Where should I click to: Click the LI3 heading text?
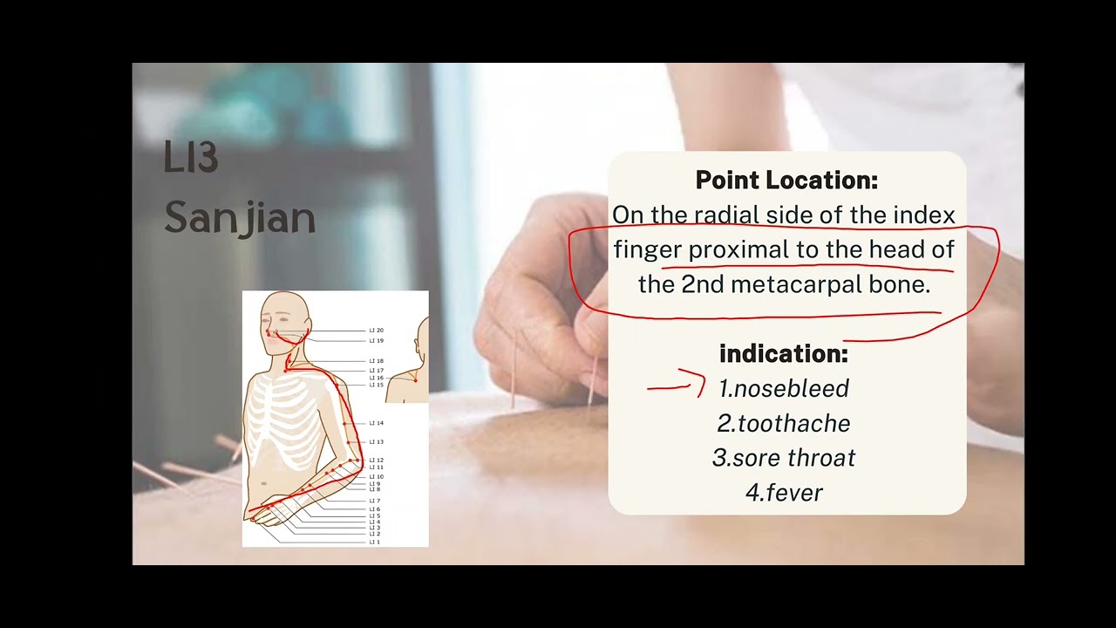pyautogui.click(x=190, y=158)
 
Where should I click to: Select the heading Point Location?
pyautogui.click(x=786, y=181)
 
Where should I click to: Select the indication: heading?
pyautogui.click(x=783, y=354)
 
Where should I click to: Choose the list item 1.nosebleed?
pyautogui.click(x=784, y=388)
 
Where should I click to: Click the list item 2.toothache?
pyautogui.click(x=784, y=424)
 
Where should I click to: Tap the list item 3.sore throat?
pyautogui.click(x=784, y=458)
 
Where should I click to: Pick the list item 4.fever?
pyautogui.click(x=784, y=493)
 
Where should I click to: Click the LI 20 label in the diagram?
pyautogui.click(x=377, y=331)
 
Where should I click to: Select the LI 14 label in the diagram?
pyautogui.click(x=377, y=423)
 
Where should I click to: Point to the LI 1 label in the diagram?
pyautogui.click(x=375, y=543)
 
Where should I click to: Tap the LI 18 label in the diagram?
pyautogui.click(x=377, y=361)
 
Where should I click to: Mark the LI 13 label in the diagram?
pyautogui.click(x=377, y=442)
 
